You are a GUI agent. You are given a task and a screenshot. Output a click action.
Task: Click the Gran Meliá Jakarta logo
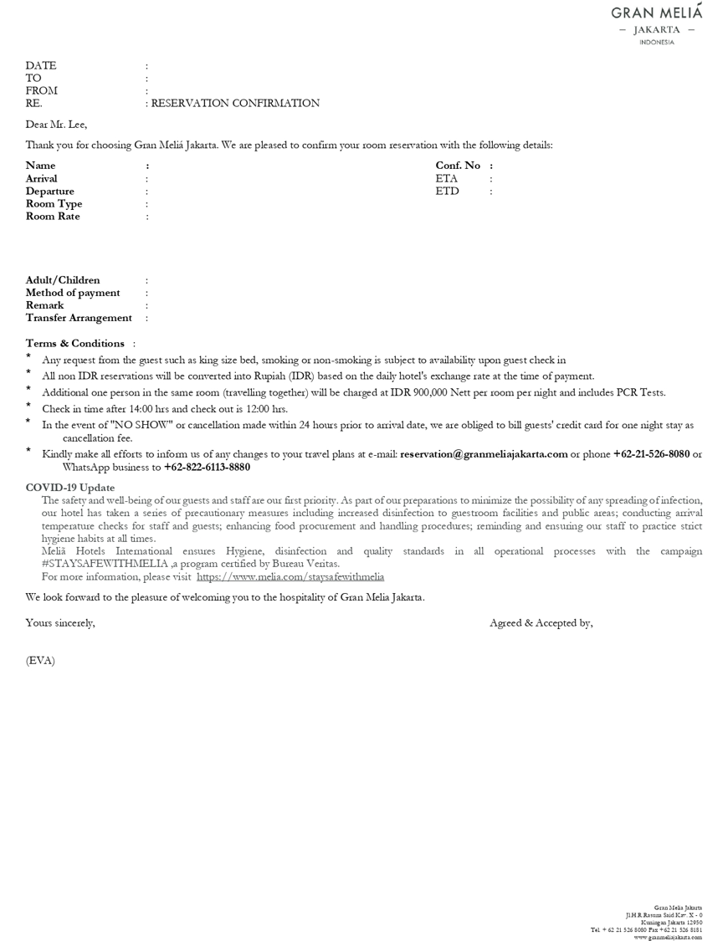(657, 24)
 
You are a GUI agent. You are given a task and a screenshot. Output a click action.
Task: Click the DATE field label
(41, 65)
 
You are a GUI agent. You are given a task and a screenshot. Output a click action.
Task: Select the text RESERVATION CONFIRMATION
(235, 104)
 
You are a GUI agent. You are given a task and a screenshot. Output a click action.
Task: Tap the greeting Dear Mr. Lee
(56, 125)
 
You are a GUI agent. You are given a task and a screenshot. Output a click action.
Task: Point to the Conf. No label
(458, 166)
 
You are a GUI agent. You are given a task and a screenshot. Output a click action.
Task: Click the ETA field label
(447, 178)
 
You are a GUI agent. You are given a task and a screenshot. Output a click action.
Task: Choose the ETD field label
(448, 191)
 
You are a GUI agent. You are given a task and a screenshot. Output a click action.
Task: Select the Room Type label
(54, 203)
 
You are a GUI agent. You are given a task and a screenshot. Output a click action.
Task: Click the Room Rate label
(53, 216)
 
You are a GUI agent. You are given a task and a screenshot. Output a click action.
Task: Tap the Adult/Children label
(63, 280)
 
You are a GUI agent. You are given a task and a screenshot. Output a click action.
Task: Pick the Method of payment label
(73, 293)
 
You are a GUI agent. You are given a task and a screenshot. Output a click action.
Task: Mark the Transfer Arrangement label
(79, 318)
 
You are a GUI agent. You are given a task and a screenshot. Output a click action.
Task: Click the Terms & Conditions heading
(75, 343)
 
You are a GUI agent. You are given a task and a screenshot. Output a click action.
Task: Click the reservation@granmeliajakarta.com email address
(484, 454)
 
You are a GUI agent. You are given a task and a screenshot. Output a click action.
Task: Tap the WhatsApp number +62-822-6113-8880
(207, 467)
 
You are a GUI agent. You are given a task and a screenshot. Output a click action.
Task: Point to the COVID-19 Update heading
(70, 488)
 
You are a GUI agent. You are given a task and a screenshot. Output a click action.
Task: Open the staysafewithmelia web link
(290, 576)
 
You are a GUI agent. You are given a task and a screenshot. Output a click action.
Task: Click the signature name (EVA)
(40, 661)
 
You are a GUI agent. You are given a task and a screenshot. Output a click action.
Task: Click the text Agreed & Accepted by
(541, 622)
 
